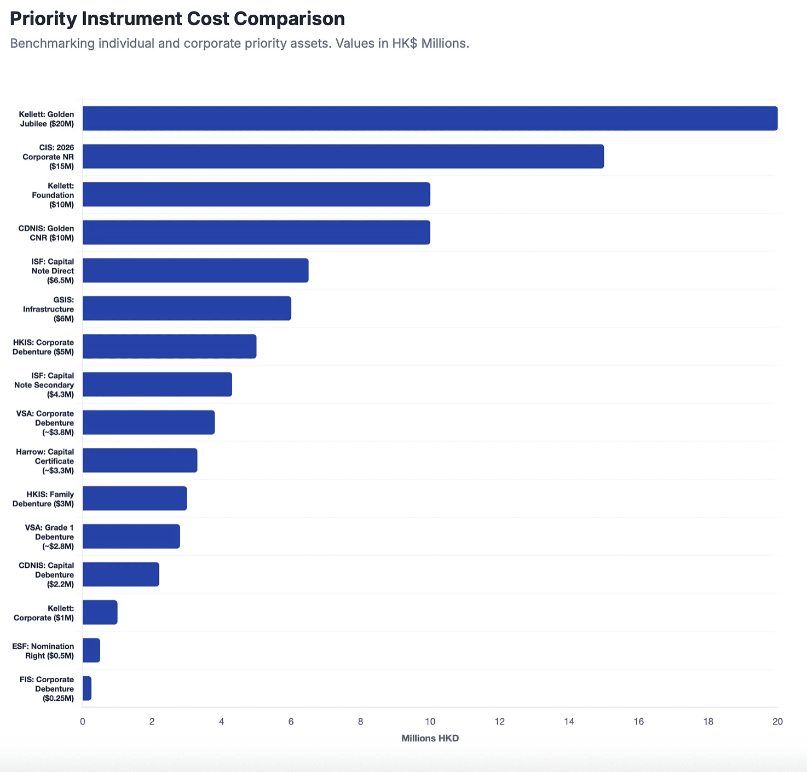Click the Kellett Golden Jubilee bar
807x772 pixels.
[430, 118]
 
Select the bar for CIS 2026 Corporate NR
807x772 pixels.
[343, 157]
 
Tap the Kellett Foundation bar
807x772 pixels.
[256, 194]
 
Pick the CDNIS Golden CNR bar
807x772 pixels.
[256, 232]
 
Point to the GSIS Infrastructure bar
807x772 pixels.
[187, 308]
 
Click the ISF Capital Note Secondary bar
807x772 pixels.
[157, 384]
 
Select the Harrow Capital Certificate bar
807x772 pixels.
[140, 460]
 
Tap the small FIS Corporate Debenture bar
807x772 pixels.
[87, 688]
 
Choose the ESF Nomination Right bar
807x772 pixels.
[91, 650]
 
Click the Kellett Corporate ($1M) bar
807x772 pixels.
[100, 612]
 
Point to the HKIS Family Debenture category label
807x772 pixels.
[43, 499]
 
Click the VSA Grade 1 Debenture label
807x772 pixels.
[49, 537]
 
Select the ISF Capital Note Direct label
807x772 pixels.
[53, 270]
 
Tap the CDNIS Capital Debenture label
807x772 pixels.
[47, 575]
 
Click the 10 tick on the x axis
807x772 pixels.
[430, 722]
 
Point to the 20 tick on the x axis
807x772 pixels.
[777, 722]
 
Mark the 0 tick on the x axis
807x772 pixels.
[83, 722]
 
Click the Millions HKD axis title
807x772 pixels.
[430, 738]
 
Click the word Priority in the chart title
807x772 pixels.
[43, 19]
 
